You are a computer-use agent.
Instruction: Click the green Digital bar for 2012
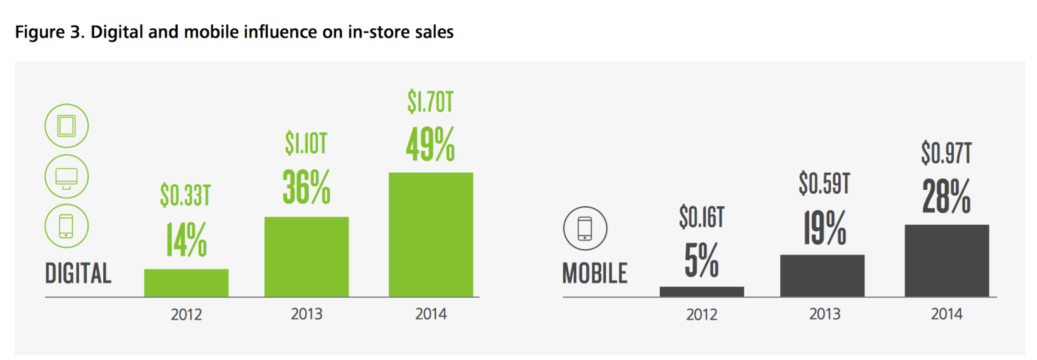click(186, 283)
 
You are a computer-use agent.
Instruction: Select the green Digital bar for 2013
click(306, 257)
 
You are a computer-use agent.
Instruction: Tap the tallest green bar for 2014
click(431, 235)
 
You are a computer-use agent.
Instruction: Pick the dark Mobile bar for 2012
click(702, 291)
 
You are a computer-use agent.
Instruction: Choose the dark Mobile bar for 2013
click(822, 276)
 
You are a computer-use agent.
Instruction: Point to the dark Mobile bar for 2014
click(947, 261)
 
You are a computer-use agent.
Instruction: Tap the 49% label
click(430, 144)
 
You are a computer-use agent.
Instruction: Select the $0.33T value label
click(185, 195)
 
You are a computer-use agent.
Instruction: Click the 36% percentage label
click(306, 187)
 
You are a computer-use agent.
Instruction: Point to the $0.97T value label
click(946, 153)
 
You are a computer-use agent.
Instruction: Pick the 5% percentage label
click(701, 260)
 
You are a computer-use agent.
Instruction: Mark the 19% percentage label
click(824, 228)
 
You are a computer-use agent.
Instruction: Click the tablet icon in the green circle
click(66, 126)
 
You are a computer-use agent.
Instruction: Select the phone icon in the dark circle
click(585, 228)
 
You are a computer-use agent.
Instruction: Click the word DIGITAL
click(78, 273)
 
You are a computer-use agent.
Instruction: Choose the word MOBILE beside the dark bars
click(595, 273)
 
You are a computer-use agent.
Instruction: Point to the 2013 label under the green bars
click(307, 314)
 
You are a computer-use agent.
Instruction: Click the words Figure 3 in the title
click(50, 32)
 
